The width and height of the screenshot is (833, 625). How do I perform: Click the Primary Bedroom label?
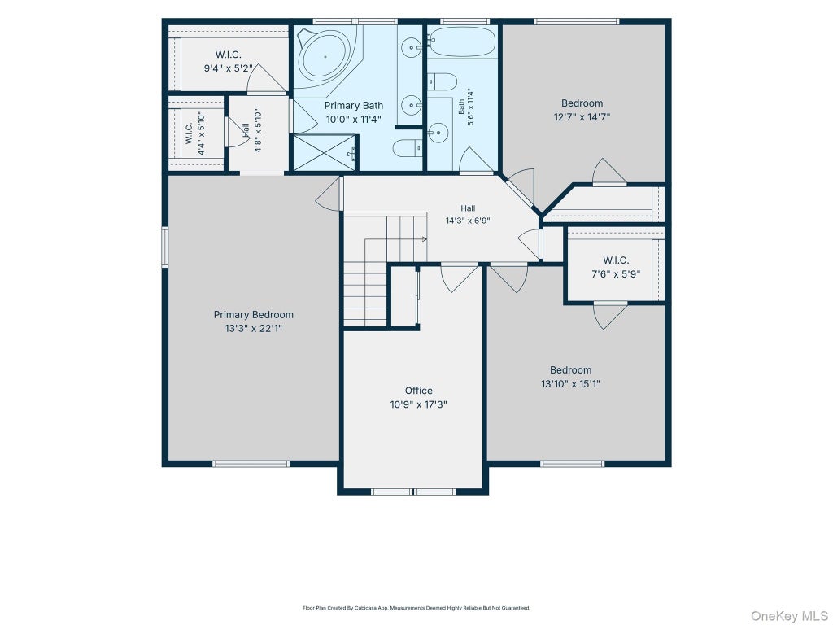click(x=254, y=315)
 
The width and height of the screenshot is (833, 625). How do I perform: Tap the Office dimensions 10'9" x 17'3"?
click(x=419, y=404)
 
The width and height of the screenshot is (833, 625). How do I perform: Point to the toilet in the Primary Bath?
click(x=408, y=147)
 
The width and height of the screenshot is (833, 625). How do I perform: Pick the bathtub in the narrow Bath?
click(x=462, y=42)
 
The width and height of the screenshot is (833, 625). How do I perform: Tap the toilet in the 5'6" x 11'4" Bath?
click(x=443, y=82)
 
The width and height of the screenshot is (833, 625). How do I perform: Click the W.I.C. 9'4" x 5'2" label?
click(x=229, y=61)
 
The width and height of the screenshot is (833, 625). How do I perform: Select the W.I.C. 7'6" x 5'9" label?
click(x=617, y=267)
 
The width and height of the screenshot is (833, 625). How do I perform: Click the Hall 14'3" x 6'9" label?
click(x=468, y=214)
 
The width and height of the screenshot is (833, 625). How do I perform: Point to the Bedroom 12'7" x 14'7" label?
click(x=582, y=110)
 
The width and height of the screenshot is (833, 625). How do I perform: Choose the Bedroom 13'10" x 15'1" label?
click(x=570, y=377)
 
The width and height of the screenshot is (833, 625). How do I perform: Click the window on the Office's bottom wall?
click(x=413, y=492)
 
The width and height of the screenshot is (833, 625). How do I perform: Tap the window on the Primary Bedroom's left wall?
click(x=164, y=246)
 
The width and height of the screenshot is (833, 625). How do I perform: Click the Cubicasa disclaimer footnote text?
click(x=416, y=608)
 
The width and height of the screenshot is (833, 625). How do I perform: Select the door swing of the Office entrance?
click(x=459, y=278)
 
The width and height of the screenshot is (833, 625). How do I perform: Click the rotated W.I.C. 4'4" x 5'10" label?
click(x=195, y=133)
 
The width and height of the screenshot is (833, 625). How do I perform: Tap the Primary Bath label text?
click(x=353, y=105)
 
